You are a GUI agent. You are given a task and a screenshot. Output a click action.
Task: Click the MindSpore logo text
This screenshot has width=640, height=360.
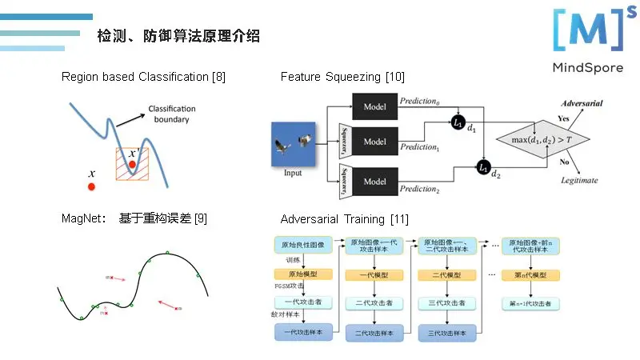point(587,67)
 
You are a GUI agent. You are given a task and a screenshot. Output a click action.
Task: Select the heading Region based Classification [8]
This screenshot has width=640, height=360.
point(143,77)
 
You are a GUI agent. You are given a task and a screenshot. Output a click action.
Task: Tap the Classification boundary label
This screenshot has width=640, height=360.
point(172,114)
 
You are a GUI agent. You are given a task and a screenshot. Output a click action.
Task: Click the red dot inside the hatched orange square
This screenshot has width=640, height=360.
point(132,164)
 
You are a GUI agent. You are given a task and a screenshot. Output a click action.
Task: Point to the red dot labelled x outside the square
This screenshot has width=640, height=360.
point(91,186)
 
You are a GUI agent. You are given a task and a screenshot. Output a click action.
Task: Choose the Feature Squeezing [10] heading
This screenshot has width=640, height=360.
point(342,77)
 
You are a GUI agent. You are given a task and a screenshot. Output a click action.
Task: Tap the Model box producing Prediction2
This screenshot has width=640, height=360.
point(374,181)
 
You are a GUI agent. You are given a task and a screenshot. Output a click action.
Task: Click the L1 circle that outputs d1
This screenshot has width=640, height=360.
point(458,123)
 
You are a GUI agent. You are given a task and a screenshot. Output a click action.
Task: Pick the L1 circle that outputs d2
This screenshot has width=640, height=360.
point(484,167)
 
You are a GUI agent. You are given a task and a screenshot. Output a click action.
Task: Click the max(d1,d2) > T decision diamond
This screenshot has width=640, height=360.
point(543,141)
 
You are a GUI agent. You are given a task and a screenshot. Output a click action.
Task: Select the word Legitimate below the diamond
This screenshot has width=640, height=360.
point(578,181)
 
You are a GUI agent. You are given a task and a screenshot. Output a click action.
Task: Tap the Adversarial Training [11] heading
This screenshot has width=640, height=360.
point(345,218)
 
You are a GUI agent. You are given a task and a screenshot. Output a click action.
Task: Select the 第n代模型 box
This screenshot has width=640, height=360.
point(529,275)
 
